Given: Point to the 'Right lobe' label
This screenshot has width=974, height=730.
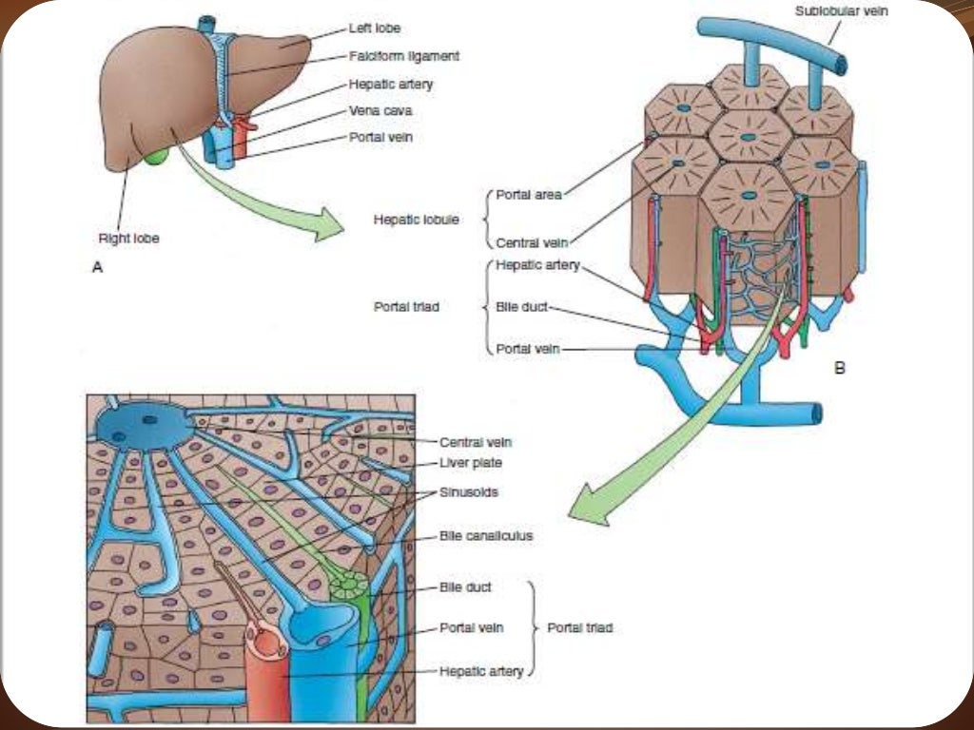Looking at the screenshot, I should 128,239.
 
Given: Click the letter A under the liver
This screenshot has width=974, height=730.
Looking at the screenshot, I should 96,269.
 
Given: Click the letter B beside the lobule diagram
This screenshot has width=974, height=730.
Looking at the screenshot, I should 839,367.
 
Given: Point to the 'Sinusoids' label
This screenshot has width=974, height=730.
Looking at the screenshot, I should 469,493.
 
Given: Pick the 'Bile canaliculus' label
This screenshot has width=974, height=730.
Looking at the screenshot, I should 486,536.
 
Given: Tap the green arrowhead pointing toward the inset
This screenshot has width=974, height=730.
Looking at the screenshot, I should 586,510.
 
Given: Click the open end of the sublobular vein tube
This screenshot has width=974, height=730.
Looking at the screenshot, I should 838,66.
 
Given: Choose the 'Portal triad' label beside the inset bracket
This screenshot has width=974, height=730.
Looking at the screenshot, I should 579,628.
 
